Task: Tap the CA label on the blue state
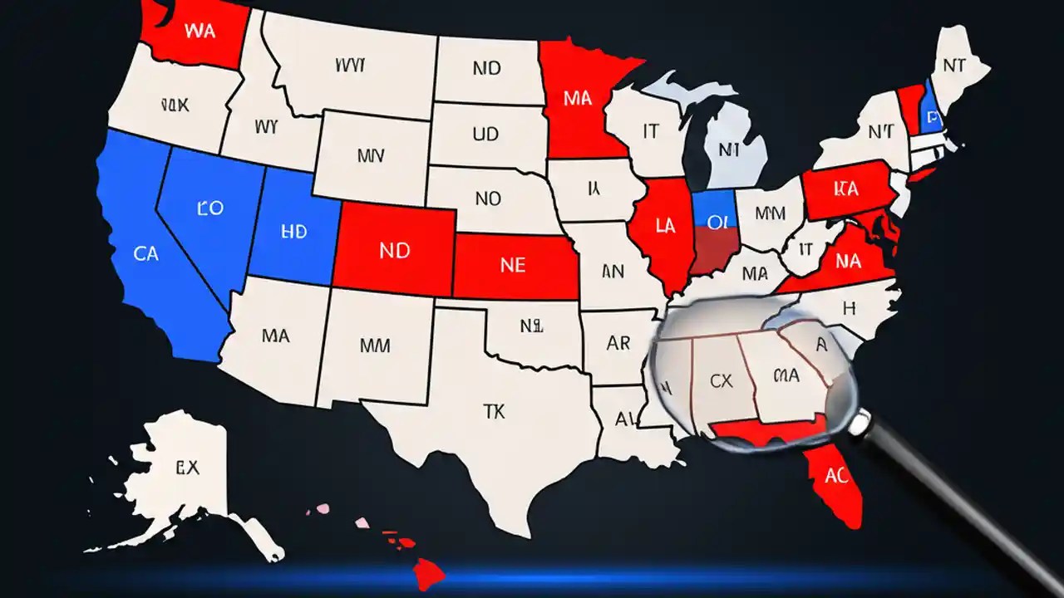click(145, 253)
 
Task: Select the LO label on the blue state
click(210, 208)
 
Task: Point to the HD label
click(294, 233)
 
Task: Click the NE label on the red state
click(513, 265)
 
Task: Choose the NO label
click(488, 199)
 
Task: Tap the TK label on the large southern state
click(494, 409)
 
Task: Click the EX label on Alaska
click(187, 468)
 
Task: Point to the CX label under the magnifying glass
click(722, 381)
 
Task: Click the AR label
click(618, 343)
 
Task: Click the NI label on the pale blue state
click(729, 150)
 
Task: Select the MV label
click(371, 155)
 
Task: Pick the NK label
click(175, 105)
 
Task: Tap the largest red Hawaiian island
click(431, 573)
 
